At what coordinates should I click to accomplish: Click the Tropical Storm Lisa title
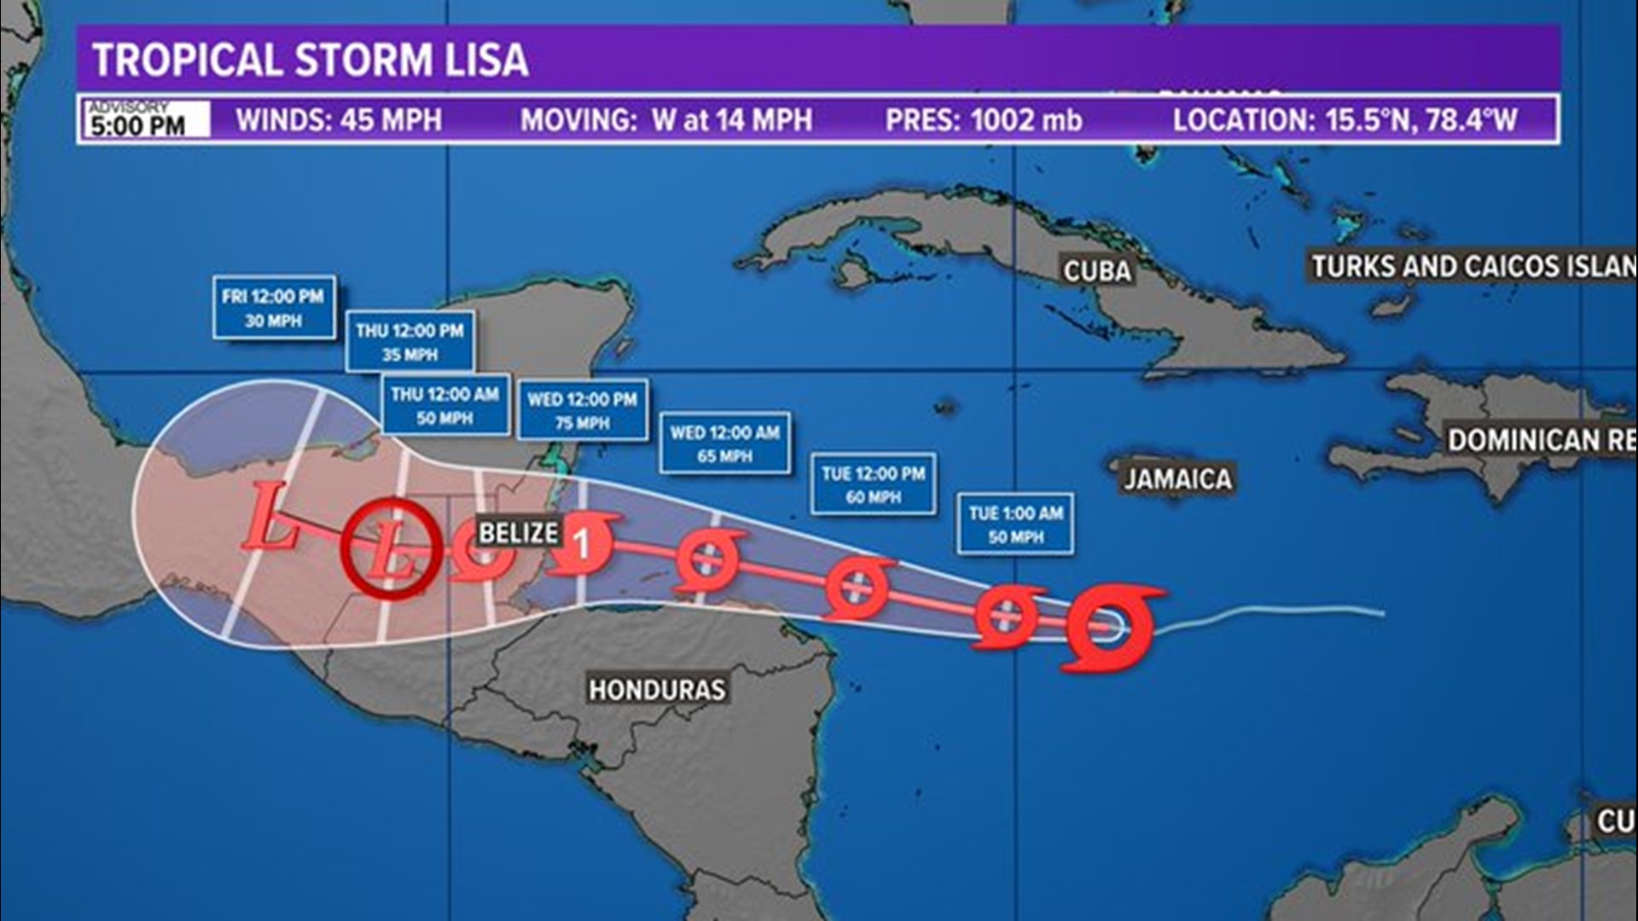pyautogui.click(x=311, y=60)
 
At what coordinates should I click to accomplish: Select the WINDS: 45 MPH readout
pyautogui.click(x=339, y=120)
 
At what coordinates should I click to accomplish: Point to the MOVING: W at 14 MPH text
pyautogui.click(x=666, y=120)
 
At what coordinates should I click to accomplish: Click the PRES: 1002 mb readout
pyautogui.click(x=983, y=120)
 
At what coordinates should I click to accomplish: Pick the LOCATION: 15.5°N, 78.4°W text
pyautogui.click(x=1345, y=120)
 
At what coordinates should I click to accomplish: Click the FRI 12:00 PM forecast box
pyautogui.click(x=273, y=308)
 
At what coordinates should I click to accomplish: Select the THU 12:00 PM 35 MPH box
pyautogui.click(x=409, y=341)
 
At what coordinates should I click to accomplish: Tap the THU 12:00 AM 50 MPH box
pyautogui.click(x=444, y=405)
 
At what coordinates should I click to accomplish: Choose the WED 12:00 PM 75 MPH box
pyautogui.click(x=582, y=410)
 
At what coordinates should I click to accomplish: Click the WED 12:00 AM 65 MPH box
pyautogui.click(x=724, y=443)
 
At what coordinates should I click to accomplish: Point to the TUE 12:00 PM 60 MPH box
pyautogui.click(x=873, y=484)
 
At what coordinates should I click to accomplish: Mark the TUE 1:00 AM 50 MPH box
pyautogui.click(x=1015, y=524)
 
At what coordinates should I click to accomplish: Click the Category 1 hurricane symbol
pyautogui.click(x=584, y=542)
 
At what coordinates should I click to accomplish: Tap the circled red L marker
pyautogui.click(x=392, y=548)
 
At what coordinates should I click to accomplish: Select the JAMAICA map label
pyautogui.click(x=1176, y=479)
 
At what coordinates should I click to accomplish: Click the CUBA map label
pyautogui.click(x=1097, y=271)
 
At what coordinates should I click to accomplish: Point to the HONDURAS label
pyautogui.click(x=657, y=689)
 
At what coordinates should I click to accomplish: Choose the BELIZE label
pyautogui.click(x=518, y=533)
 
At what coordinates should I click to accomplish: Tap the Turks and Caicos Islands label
pyautogui.click(x=1472, y=267)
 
